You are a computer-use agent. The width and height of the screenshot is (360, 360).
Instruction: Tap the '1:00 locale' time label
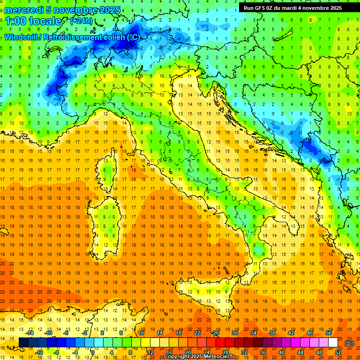(x=33, y=21)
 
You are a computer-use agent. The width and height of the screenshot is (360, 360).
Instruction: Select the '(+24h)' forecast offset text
(x=81, y=21)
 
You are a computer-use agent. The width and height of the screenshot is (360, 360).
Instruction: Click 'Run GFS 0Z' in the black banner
(x=260, y=8)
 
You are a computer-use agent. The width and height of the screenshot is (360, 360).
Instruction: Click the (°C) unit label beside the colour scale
(x=349, y=343)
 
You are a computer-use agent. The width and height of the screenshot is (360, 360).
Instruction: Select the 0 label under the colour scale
(x=93, y=352)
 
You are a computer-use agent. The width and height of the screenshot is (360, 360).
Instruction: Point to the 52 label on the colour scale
(x=337, y=352)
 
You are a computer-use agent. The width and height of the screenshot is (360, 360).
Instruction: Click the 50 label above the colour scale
(x=328, y=333)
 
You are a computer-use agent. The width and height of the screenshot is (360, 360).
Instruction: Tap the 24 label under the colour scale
(x=206, y=352)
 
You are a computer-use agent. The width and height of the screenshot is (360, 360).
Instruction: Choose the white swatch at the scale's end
(x=333, y=343)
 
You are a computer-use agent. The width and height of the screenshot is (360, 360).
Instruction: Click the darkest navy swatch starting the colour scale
(x=23, y=343)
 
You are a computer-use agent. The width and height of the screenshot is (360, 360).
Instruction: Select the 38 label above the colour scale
(x=272, y=333)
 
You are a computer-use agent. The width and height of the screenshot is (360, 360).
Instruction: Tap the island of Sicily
(x=206, y=293)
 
